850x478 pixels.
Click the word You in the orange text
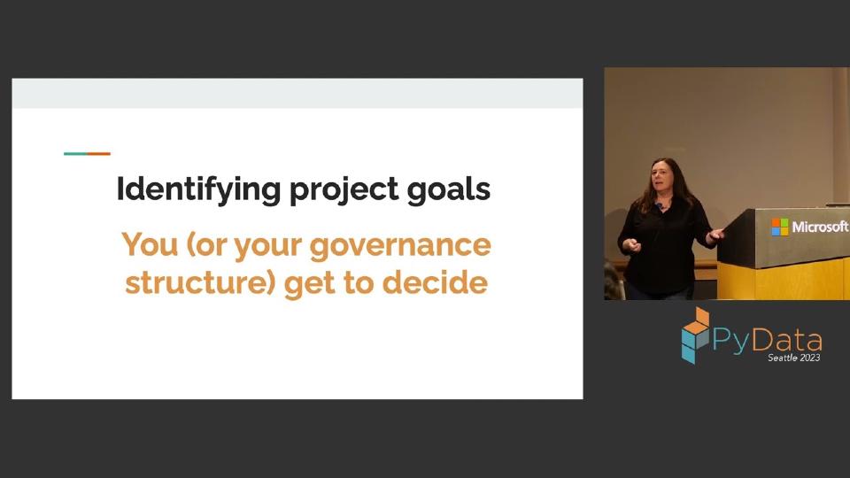coord(148,244)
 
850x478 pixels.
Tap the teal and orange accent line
coord(87,154)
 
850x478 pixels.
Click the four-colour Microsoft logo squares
coord(779,227)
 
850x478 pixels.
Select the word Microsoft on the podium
coord(819,227)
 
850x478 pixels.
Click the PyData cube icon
coord(695,335)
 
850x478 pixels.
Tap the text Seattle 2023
coord(793,358)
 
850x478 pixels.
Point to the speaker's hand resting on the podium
coord(715,234)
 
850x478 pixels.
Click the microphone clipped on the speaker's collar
coord(660,205)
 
